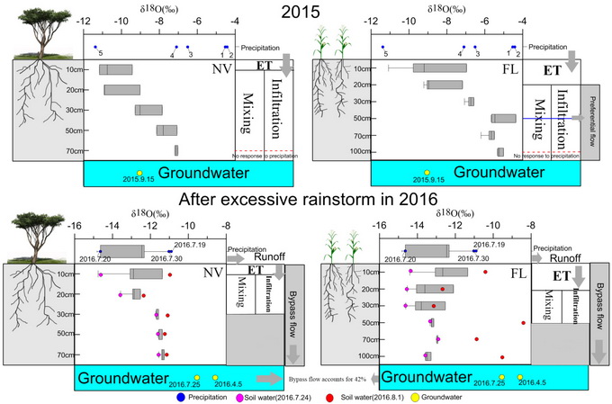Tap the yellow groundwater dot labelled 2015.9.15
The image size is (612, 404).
[139, 172]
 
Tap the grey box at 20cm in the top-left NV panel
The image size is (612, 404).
[121, 89]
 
